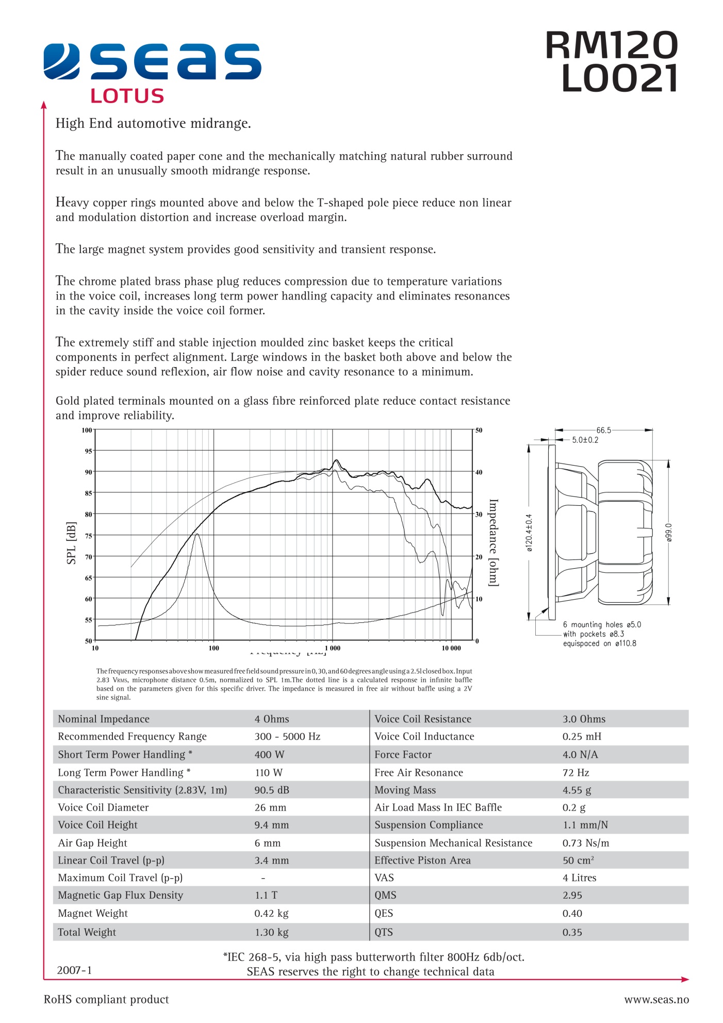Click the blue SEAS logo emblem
(61, 62)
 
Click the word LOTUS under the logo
(127, 96)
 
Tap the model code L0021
(618, 79)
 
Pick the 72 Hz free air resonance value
(576, 772)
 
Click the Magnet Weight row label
(93, 913)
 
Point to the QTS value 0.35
(572, 932)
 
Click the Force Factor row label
(403, 754)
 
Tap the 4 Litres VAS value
(579, 878)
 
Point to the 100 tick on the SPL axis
(87, 430)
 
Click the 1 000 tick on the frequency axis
(333, 648)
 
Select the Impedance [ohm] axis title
(493, 542)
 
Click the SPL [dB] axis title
(71, 543)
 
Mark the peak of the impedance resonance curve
(197, 534)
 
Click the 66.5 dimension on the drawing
(603, 430)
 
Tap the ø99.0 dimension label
(669, 532)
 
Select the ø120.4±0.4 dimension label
(529, 533)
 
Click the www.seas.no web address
(656, 999)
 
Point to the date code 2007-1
(74, 970)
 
